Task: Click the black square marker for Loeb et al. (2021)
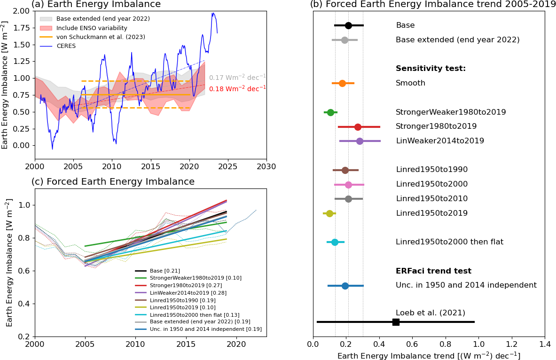tap(396, 322)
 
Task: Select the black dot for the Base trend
tap(348, 25)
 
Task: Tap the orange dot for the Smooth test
tap(342, 83)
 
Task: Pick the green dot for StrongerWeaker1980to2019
tap(330, 112)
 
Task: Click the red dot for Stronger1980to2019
tap(358, 127)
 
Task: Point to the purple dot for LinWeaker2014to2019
tap(360, 141)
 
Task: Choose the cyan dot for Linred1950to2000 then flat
tap(335, 242)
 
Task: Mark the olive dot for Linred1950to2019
tap(329, 213)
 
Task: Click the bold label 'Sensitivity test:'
tap(431, 69)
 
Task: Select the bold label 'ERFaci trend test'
tap(433, 271)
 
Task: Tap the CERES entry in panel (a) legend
tap(66, 46)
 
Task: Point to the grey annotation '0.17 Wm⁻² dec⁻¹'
tap(237, 78)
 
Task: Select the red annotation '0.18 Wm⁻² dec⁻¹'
tap(237, 88)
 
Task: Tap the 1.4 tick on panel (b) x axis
tap(545, 344)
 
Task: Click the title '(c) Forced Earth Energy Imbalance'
tap(113, 182)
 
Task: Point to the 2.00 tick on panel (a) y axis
tap(22, 11)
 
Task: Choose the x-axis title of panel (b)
tap(429, 356)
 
